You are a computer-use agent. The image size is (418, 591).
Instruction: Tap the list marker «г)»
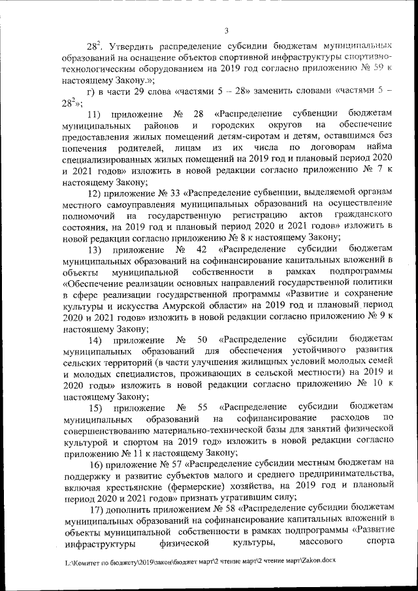coord(93,89)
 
